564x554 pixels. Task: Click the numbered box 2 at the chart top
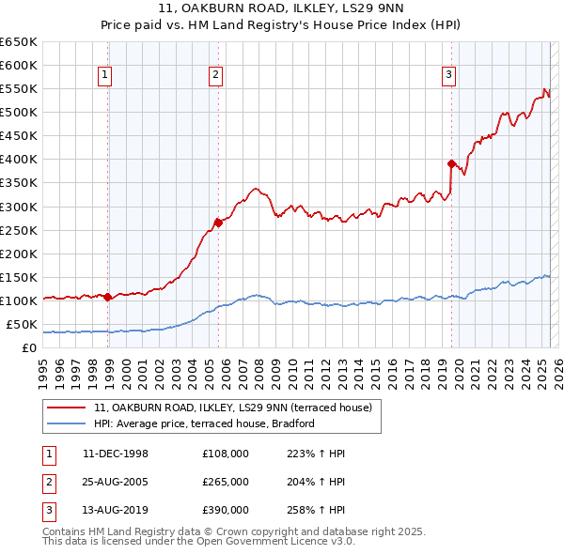tap(216, 76)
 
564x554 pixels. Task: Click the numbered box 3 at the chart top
tap(449, 76)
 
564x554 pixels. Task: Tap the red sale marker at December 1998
tap(107, 297)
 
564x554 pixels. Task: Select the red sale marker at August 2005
tap(218, 223)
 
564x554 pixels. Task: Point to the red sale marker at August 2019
tap(451, 163)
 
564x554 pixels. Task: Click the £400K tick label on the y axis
tap(19, 160)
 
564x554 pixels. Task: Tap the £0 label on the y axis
tap(29, 348)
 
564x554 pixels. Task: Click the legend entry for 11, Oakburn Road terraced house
tap(233, 408)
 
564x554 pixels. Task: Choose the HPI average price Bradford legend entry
tap(204, 423)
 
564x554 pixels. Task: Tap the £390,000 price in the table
tap(226, 510)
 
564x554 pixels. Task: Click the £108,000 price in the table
tap(226, 454)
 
